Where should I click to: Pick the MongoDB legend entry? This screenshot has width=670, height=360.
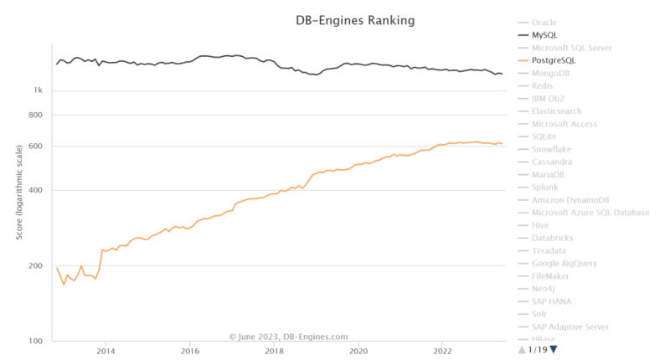550,73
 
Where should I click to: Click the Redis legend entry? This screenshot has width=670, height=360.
543,85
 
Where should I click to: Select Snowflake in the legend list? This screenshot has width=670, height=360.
553,149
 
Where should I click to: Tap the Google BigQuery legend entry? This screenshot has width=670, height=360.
564,263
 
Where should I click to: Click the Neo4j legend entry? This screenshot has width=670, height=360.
544,288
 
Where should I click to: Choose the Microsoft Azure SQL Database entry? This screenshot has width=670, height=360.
590,213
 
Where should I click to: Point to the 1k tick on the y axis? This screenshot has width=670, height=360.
39,90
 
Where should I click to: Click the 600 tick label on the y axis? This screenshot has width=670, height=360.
37,147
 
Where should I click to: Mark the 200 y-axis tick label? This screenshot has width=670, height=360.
37,266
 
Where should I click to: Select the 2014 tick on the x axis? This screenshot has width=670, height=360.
106,352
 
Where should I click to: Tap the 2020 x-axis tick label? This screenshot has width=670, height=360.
358,352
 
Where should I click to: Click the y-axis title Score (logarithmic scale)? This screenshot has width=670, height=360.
19,192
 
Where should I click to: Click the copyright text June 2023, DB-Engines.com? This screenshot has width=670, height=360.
288,337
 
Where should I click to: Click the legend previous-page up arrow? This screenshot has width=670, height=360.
523,349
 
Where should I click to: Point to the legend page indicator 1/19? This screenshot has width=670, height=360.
538,349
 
